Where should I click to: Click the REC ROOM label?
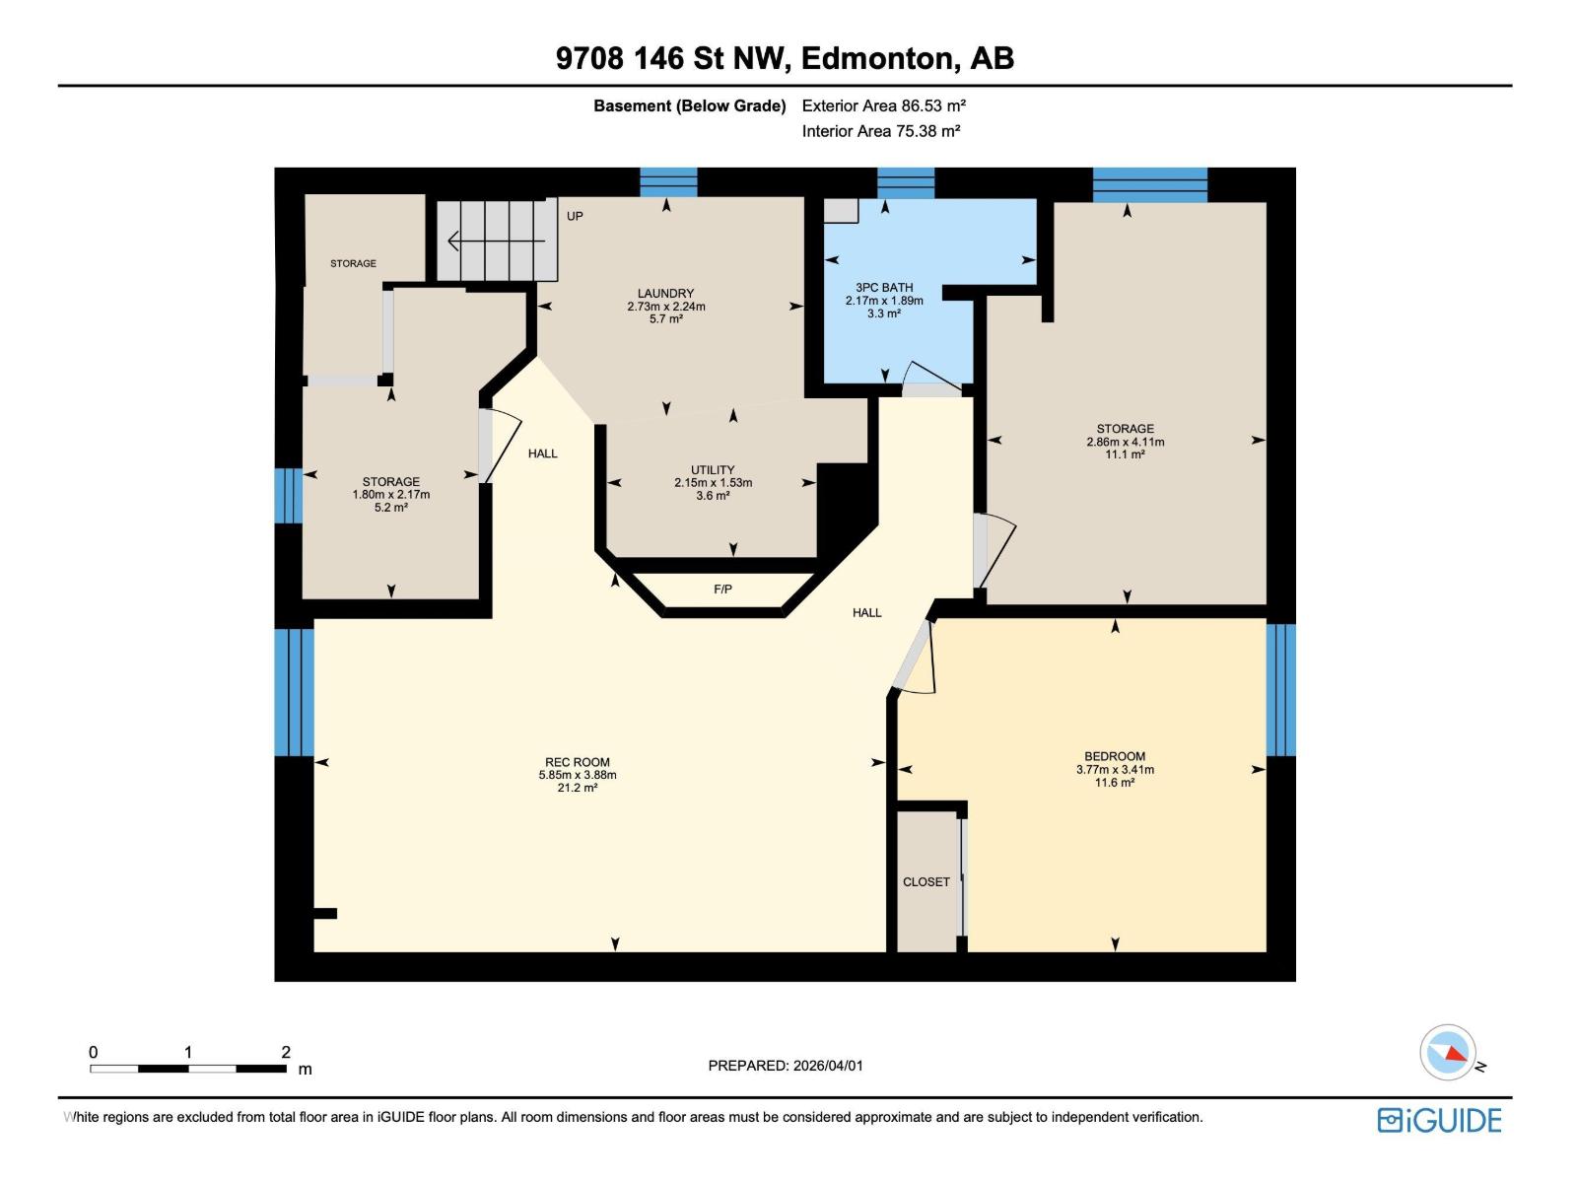point(577,762)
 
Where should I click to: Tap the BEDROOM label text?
point(1115,756)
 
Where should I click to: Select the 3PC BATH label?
point(884,288)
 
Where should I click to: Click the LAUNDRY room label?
point(665,293)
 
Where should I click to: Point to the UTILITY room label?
point(713,470)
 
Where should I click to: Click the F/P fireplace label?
point(722,590)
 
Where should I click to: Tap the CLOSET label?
point(926,882)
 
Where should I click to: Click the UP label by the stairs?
point(575,216)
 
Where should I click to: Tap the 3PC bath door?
point(930,380)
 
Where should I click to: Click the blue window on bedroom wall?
point(1280,689)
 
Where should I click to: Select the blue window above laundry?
point(668,182)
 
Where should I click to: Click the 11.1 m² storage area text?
point(1125,454)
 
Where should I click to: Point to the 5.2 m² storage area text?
point(391,508)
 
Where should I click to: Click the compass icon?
point(1449,1053)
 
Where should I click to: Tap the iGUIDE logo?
point(1439,1121)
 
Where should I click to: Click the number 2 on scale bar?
point(286,1052)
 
